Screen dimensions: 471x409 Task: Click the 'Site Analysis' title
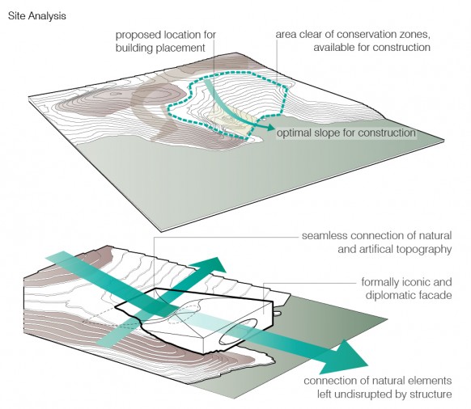(37, 16)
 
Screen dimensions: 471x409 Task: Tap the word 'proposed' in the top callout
(138, 36)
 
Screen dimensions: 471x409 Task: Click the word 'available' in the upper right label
(333, 48)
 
